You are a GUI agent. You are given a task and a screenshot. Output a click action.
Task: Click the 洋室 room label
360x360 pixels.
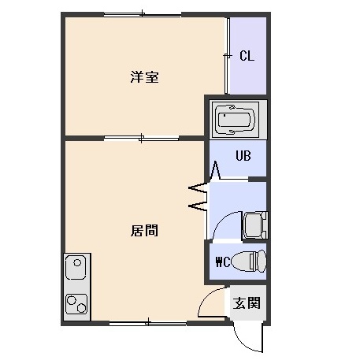point(144,76)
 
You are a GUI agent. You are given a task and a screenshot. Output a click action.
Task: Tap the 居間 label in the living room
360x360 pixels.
point(144,231)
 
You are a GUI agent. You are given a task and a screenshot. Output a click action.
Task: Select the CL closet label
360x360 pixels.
point(247,56)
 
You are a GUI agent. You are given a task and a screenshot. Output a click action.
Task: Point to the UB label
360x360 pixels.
point(243,156)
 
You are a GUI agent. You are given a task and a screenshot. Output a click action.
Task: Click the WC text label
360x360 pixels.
point(223,262)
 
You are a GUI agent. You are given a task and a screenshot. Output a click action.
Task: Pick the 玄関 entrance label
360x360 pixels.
point(247,302)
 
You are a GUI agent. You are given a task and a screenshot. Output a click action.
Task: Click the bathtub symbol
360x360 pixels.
point(236,120)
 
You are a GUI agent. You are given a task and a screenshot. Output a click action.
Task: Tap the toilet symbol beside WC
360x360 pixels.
point(249,261)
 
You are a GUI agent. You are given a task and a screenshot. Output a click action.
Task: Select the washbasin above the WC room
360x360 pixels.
point(255,225)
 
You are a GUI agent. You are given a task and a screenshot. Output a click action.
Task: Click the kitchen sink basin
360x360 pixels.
point(76,266)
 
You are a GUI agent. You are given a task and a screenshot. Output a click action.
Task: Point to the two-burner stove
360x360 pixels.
point(76,304)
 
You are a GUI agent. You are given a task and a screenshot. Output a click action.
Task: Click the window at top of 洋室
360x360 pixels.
point(143,14)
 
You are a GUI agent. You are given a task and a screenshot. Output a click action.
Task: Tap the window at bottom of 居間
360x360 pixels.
point(148,322)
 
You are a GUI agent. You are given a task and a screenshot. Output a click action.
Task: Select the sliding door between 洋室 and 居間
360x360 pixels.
point(141,138)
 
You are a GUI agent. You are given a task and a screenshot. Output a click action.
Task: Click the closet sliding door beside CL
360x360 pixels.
point(227,56)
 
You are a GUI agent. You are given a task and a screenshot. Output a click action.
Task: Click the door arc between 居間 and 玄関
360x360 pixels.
point(207,297)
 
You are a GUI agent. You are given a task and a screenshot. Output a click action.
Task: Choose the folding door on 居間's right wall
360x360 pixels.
point(199,196)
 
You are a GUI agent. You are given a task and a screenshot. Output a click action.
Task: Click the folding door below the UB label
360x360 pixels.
point(216,170)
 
